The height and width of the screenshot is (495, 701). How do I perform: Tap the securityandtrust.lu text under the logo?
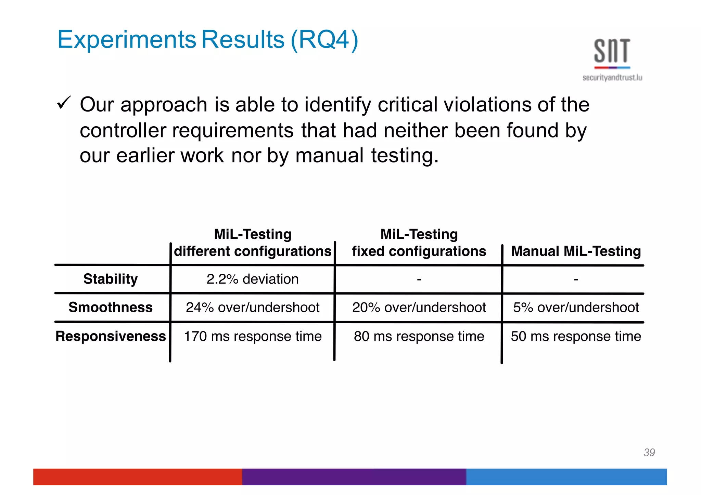pyautogui.click(x=612, y=78)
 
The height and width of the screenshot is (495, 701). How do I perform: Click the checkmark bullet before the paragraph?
pyautogui.click(x=64, y=103)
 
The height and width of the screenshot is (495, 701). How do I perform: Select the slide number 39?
pyautogui.click(x=649, y=452)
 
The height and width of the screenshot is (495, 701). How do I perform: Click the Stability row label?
pyautogui.click(x=111, y=279)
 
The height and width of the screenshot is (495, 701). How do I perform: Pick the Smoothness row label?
pyautogui.click(x=111, y=307)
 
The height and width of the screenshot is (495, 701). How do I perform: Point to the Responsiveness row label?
pyautogui.click(x=111, y=336)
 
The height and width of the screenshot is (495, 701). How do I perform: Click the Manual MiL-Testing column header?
pyautogui.click(x=576, y=251)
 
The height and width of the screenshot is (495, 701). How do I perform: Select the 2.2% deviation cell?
pyautogui.click(x=253, y=279)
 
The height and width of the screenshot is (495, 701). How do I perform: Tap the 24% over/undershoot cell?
pyautogui.click(x=253, y=307)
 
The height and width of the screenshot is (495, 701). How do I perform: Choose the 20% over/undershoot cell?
pyautogui.click(x=419, y=307)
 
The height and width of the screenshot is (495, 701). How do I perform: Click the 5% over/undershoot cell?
pyautogui.click(x=576, y=307)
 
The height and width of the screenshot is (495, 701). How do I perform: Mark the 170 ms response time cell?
pyautogui.click(x=253, y=336)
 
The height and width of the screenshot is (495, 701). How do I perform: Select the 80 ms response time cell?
pyautogui.click(x=419, y=336)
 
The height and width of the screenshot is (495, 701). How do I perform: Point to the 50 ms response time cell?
pyautogui.click(x=576, y=336)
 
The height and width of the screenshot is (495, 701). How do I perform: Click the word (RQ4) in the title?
pyautogui.click(x=324, y=40)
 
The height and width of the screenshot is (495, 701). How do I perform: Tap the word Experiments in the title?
pyautogui.click(x=127, y=40)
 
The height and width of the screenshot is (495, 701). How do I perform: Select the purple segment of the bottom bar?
pyautogui.click(x=354, y=477)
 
